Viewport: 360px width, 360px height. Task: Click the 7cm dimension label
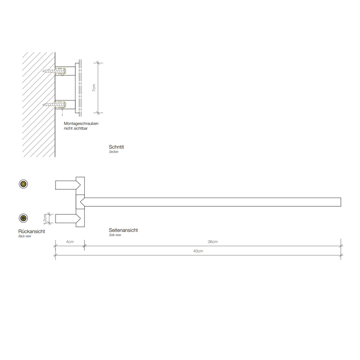click(93, 88)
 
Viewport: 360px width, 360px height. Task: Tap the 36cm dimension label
click(213, 242)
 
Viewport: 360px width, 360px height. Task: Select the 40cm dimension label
click(199, 251)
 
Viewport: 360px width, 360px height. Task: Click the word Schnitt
click(117, 147)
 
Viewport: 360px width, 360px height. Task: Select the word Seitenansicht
click(123, 230)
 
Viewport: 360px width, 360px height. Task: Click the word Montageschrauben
click(81, 124)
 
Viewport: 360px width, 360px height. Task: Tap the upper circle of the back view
click(23, 184)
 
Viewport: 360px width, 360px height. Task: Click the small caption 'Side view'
click(115, 235)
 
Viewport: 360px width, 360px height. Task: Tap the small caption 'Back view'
click(25, 236)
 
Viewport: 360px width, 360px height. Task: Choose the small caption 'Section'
click(114, 152)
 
